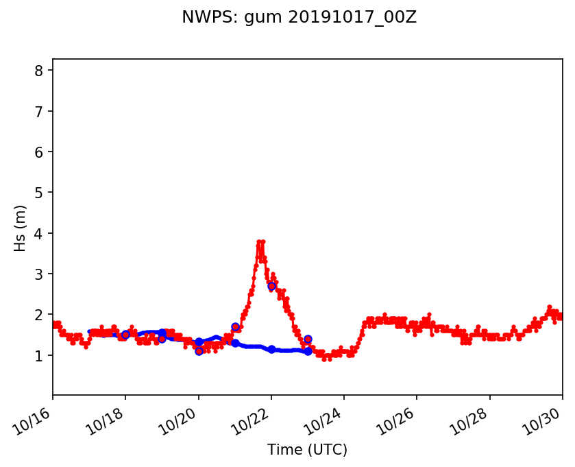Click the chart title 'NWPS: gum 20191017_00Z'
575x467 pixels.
[x=299, y=18]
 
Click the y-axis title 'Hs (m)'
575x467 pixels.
[x=21, y=228]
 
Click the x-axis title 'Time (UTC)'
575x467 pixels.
[x=307, y=450]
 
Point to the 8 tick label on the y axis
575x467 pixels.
[x=40, y=71]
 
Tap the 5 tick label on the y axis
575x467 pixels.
[x=40, y=193]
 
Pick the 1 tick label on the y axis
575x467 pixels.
[x=40, y=356]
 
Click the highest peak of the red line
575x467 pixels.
[x=260, y=241]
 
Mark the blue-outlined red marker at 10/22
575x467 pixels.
[x=271, y=286]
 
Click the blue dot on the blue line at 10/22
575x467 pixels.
[x=271, y=349]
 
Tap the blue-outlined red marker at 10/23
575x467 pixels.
[x=308, y=339]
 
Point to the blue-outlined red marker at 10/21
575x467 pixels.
[x=235, y=327]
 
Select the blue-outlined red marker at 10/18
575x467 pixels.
[x=125, y=335]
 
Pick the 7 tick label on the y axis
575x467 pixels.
[x=40, y=111]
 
